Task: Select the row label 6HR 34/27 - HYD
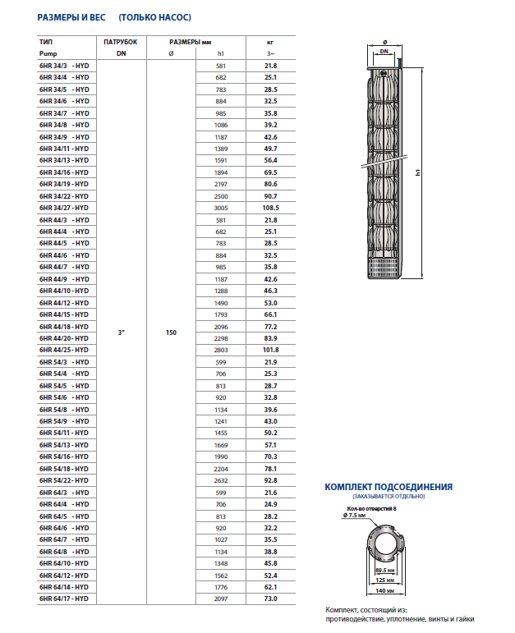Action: click(64, 208)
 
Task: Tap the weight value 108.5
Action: click(271, 208)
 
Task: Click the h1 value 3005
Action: click(220, 208)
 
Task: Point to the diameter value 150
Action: click(171, 333)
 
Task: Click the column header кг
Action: click(271, 40)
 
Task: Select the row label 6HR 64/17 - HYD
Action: click(64, 599)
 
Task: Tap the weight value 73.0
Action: click(271, 599)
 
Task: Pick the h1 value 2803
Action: click(220, 350)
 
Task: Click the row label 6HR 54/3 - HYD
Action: click(64, 362)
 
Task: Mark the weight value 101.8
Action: click(271, 350)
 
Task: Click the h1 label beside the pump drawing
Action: click(418, 172)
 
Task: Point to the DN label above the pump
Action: click(384, 51)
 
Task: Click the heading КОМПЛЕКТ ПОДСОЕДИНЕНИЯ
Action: click(389, 487)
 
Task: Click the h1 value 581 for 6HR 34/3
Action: click(220, 66)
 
